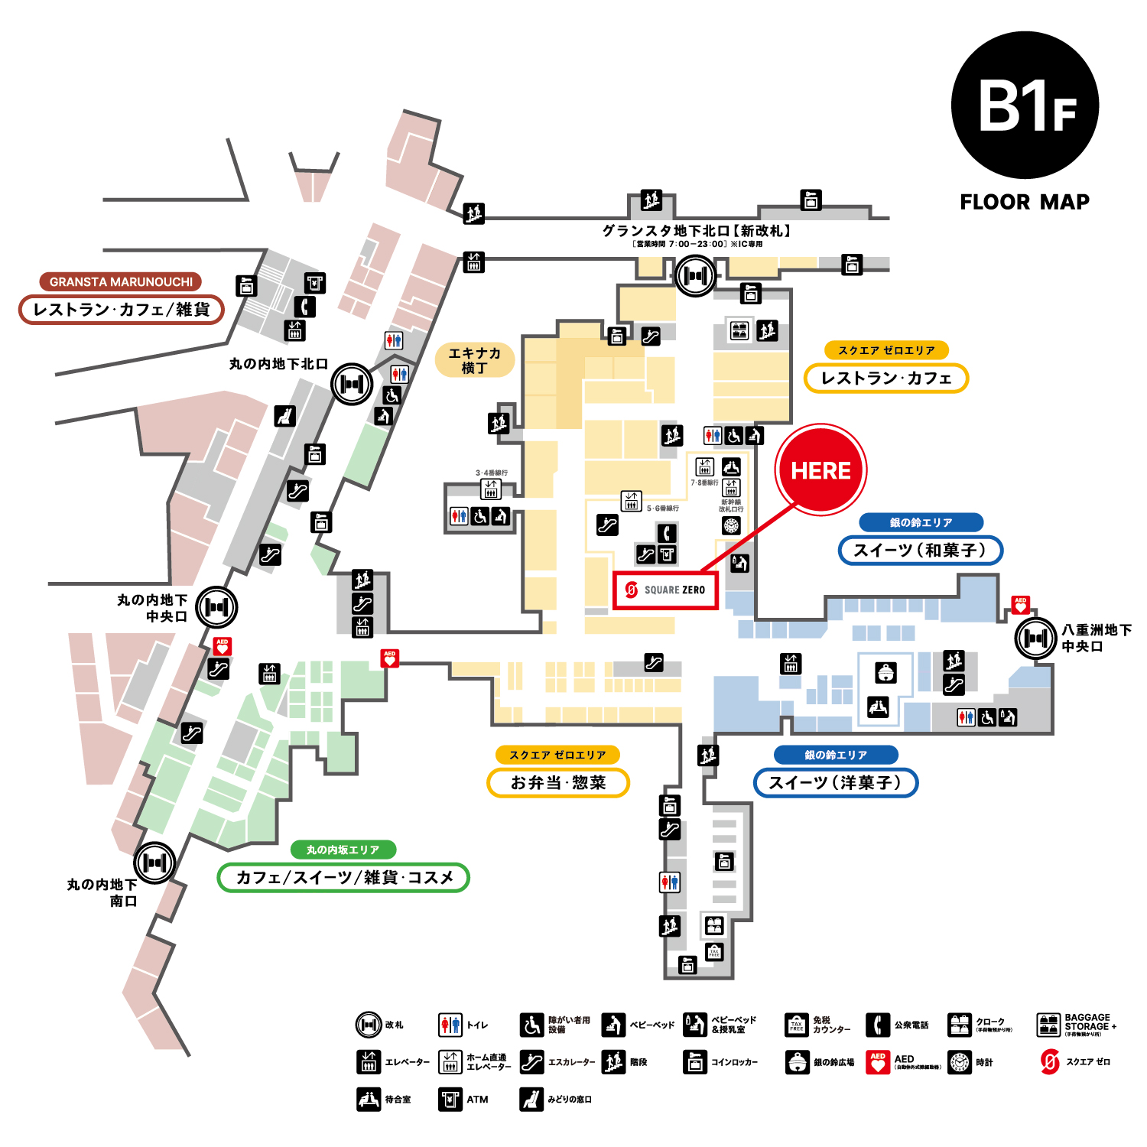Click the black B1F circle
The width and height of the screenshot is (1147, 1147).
[x=1025, y=106]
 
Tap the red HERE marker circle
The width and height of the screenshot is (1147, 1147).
[x=820, y=470]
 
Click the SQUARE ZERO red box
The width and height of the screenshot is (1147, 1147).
[x=665, y=590]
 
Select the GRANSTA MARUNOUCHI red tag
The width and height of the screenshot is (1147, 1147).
[x=121, y=281]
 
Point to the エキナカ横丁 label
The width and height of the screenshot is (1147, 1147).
[x=474, y=360]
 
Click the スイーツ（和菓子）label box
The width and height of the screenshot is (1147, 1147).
[x=920, y=551]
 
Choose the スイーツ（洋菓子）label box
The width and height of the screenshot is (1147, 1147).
[x=835, y=783]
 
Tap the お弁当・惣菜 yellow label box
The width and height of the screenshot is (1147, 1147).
[x=558, y=783]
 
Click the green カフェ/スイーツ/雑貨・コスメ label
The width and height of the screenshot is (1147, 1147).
[x=343, y=878]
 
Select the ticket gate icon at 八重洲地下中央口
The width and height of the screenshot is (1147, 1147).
[x=1035, y=638]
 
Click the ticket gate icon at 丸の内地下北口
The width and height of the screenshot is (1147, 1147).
[x=352, y=384]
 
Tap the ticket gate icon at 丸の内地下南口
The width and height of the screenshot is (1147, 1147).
[x=155, y=863]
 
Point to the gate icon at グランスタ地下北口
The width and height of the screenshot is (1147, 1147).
[x=695, y=275]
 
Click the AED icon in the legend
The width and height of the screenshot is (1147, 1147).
[x=878, y=1062]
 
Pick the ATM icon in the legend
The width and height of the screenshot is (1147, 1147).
[x=450, y=1100]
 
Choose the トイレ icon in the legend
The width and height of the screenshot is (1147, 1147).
[x=450, y=1025]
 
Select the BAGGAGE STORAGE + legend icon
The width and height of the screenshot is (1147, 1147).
[x=1048, y=1025]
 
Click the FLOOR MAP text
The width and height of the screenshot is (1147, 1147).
[x=1025, y=202]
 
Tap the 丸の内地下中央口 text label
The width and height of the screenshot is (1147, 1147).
[x=152, y=608]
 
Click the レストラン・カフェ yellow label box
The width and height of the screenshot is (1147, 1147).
[x=886, y=379]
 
